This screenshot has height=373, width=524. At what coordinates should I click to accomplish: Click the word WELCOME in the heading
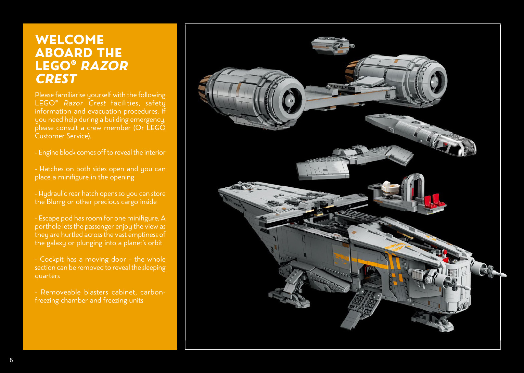(69, 40)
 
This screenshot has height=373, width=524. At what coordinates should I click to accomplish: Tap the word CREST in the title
(56, 79)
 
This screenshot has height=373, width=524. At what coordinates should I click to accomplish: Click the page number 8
(11, 360)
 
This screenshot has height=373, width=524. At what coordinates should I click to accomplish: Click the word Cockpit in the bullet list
(52, 259)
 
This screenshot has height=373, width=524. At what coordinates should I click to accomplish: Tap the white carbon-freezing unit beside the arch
(391, 188)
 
